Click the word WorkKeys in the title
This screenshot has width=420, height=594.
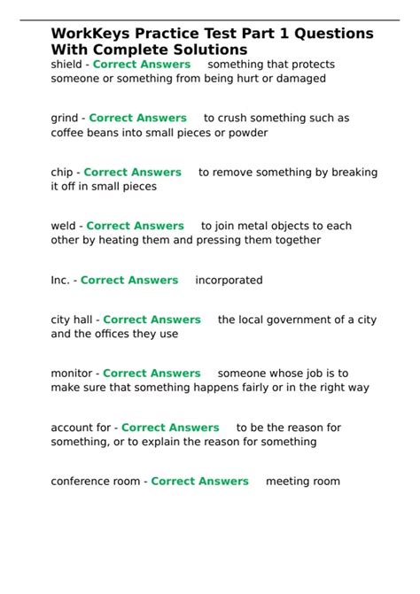87,34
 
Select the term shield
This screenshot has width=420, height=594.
66,65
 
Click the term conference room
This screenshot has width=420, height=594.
96,481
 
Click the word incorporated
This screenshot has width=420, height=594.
229,280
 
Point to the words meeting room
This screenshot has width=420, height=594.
302,481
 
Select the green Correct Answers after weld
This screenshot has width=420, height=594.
135,226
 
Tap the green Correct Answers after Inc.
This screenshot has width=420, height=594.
129,280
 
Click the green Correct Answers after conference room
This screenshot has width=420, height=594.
200,481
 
